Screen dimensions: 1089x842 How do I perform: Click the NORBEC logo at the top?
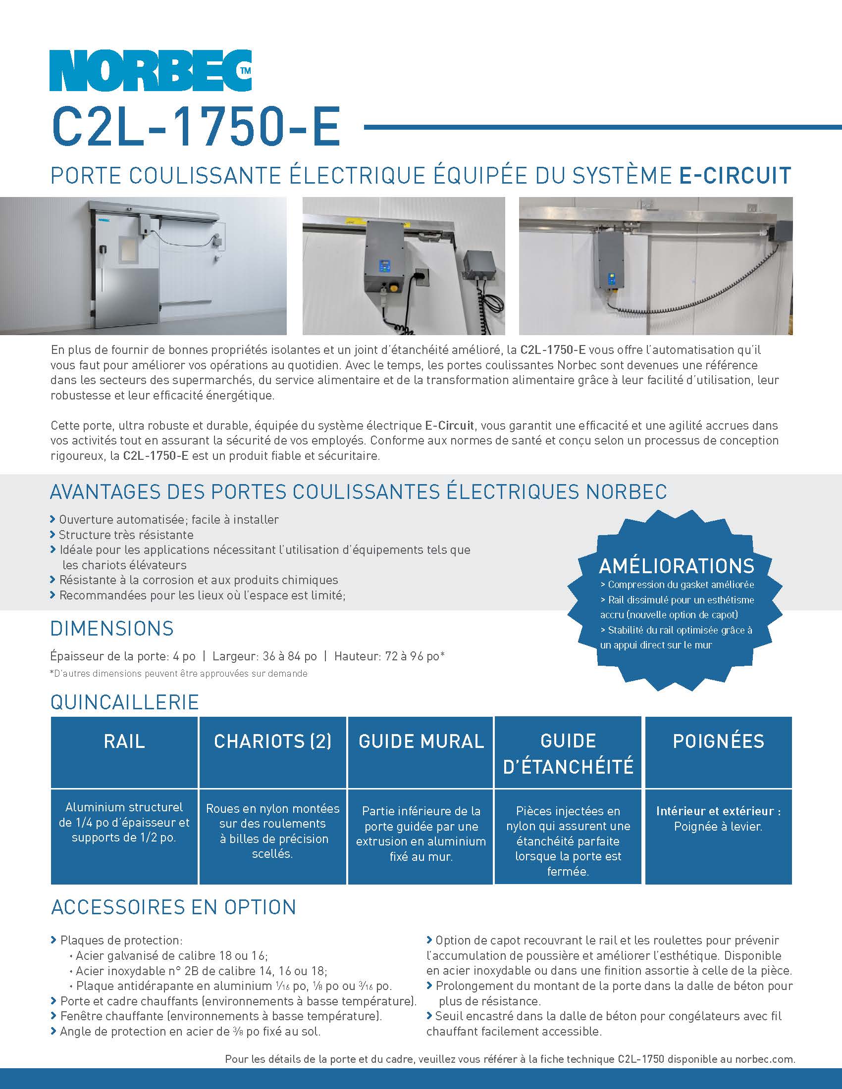pyautogui.click(x=150, y=71)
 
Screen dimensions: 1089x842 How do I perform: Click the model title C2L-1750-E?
pyautogui.click(x=196, y=127)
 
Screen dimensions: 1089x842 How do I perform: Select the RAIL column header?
pyautogui.click(x=124, y=742)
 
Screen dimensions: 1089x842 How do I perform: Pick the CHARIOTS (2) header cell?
pyautogui.click(x=272, y=742)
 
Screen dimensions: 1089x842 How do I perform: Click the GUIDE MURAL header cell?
pyautogui.click(x=421, y=742)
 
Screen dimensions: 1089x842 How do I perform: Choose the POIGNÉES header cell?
pyautogui.click(x=718, y=742)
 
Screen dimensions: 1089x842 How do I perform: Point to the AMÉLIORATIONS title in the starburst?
pyautogui.click(x=677, y=566)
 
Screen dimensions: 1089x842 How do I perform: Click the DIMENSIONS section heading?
pyautogui.click(x=112, y=628)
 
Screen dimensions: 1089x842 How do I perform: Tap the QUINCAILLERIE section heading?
pyautogui.click(x=125, y=702)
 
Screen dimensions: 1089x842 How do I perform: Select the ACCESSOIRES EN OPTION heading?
pyautogui.click(x=173, y=907)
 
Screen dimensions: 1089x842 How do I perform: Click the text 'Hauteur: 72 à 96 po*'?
pyautogui.click(x=389, y=656)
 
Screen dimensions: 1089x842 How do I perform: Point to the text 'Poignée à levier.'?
pyautogui.click(x=718, y=826)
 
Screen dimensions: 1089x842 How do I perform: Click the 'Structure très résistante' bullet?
pyautogui.click(x=126, y=535)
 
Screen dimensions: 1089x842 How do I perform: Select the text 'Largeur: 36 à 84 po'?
pyautogui.click(x=264, y=656)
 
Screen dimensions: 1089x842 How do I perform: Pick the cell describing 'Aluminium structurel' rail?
pyautogui.click(x=124, y=822)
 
